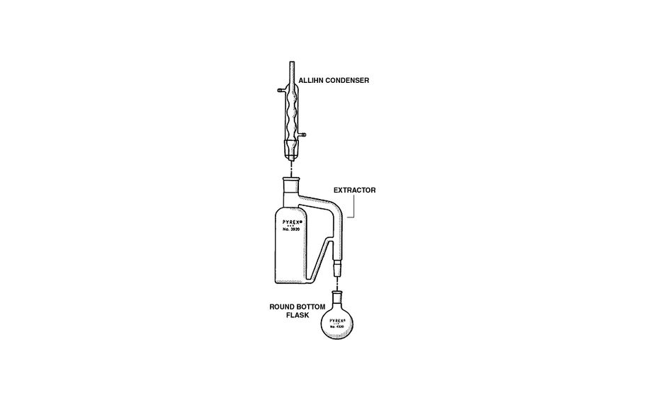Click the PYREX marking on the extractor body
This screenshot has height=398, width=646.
[288, 222]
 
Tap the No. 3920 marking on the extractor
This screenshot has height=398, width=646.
[288, 231]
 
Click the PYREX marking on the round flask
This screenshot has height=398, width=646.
[337, 320]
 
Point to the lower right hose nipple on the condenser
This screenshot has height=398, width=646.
[303, 133]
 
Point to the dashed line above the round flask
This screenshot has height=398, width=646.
[337, 282]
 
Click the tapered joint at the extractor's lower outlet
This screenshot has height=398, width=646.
[337, 268]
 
